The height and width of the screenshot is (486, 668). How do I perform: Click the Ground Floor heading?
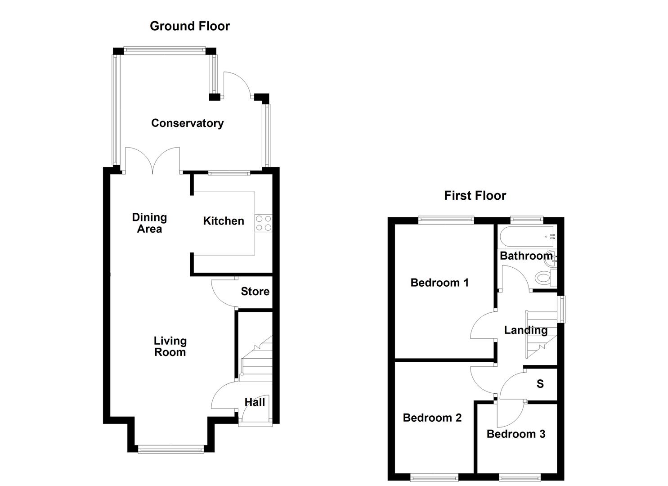coord(189,26)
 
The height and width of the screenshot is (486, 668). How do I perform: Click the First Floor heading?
coord(475,195)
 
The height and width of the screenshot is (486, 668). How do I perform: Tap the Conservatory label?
coord(187,123)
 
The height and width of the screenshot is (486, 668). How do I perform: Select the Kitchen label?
coord(224,220)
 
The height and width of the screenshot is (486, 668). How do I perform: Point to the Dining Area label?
coord(149,223)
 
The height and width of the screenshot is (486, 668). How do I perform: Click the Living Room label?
coord(170,346)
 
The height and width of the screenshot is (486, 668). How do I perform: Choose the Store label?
coord(255,291)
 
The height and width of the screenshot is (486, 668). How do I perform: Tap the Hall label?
coord(255,402)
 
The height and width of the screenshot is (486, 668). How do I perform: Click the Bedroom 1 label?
coord(439,282)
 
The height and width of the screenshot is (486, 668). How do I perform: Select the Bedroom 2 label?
coord(432,418)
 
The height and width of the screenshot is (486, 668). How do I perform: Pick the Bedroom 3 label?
coord(516,434)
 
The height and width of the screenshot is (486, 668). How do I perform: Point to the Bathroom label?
coord(526,256)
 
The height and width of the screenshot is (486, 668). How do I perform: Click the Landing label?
coord(525,330)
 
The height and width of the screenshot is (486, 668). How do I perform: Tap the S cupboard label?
coord(540,383)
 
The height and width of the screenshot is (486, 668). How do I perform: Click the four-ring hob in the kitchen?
coord(264,223)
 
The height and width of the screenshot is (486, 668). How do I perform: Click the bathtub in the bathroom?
coord(526,235)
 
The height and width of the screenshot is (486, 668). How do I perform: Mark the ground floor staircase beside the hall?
coord(257,360)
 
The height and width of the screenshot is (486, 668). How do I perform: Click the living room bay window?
coord(171,449)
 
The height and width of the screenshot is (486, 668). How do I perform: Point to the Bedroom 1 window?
coord(446,220)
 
